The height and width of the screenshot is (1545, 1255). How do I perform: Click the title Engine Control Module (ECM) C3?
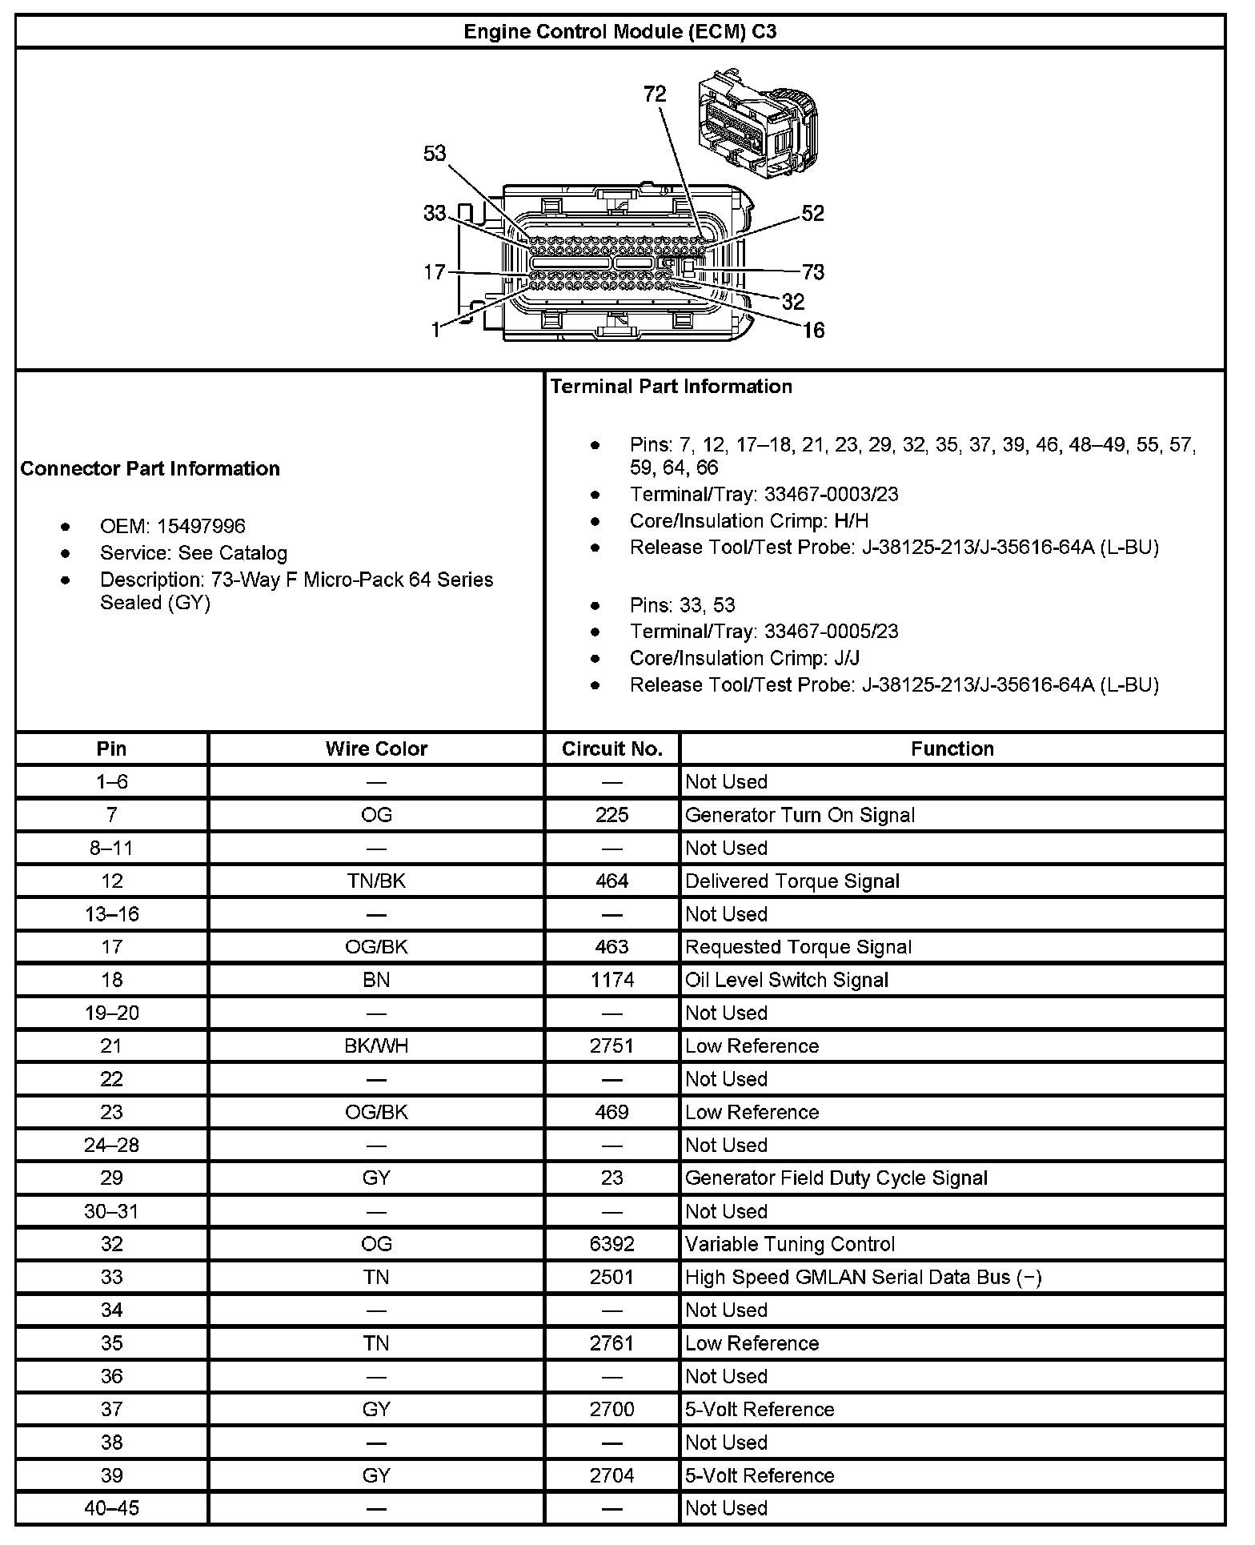pyautogui.click(x=619, y=32)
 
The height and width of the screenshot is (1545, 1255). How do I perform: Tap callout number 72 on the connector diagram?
pyautogui.click(x=655, y=94)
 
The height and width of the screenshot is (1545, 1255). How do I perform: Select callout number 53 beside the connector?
pyautogui.click(x=435, y=153)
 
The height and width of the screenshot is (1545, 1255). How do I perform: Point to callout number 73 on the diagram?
pyautogui.click(x=813, y=272)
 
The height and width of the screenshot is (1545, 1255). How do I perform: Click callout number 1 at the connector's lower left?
pyautogui.click(x=435, y=330)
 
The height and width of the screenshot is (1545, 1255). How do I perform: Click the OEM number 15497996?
pyautogui.click(x=201, y=526)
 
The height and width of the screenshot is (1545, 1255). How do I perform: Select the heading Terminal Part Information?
pyautogui.click(x=671, y=387)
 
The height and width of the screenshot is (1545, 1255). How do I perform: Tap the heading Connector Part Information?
pyautogui.click(x=150, y=468)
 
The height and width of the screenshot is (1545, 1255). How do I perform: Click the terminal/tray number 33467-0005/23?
pyautogui.click(x=831, y=632)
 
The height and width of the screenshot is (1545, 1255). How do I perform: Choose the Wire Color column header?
pyautogui.click(x=376, y=748)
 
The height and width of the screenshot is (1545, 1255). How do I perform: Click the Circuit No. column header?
pyautogui.click(x=612, y=748)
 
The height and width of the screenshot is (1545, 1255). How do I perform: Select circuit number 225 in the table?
pyautogui.click(x=612, y=815)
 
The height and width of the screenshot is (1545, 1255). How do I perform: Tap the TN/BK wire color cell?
pyautogui.click(x=376, y=881)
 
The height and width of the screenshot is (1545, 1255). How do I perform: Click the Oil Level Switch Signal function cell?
pyautogui.click(x=787, y=980)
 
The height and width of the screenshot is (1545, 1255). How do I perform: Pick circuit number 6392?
pyautogui.click(x=612, y=1244)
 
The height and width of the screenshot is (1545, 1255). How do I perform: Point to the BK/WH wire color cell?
pyautogui.click(x=376, y=1046)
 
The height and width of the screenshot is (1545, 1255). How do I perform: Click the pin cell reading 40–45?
pyautogui.click(x=112, y=1508)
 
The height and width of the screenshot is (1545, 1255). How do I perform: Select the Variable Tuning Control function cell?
pyautogui.click(x=790, y=1244)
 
